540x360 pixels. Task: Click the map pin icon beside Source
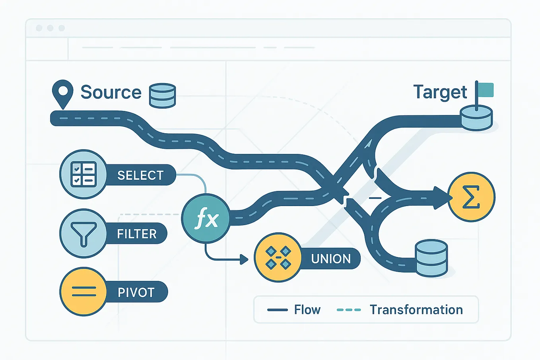[62, 93]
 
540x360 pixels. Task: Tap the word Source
[111, 92]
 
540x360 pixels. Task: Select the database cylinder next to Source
[162, 96]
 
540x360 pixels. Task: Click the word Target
[440, 92]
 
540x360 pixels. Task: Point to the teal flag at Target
[486, 90]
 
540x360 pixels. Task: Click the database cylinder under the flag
[476, 119]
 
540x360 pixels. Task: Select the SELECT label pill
[140, 175]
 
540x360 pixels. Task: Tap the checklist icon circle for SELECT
[84, 174]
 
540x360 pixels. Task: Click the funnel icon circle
[84, 233]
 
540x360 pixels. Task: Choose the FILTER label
[137, 234]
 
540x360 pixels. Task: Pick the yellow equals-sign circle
[84, 292]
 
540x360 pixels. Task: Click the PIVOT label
[136, 292]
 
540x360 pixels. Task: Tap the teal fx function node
[206, 219]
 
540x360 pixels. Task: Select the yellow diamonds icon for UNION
[278, 258]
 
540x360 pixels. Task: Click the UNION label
[331, 259]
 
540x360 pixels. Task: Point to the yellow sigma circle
[471, 197]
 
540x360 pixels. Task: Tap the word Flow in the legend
[307, 309]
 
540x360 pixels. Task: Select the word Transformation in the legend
[416, 309]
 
